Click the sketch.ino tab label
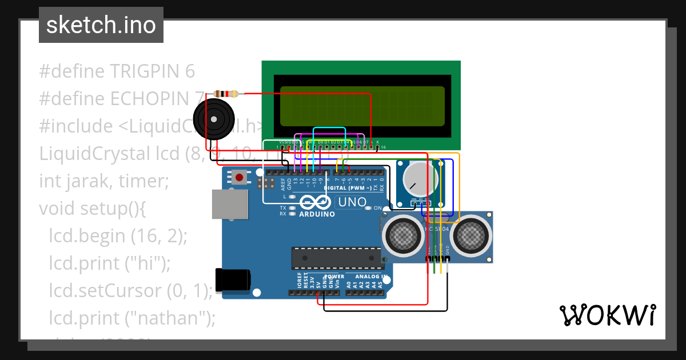[101, 25]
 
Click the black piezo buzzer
[214, 119]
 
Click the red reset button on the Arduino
[238, 177]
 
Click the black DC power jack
[233, 280]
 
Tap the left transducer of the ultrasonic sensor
[404, 234]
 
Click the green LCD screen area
[362, 106]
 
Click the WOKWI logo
[607, 315]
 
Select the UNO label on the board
[352, 202]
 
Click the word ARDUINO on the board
[317, 214]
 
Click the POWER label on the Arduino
[334, 277]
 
